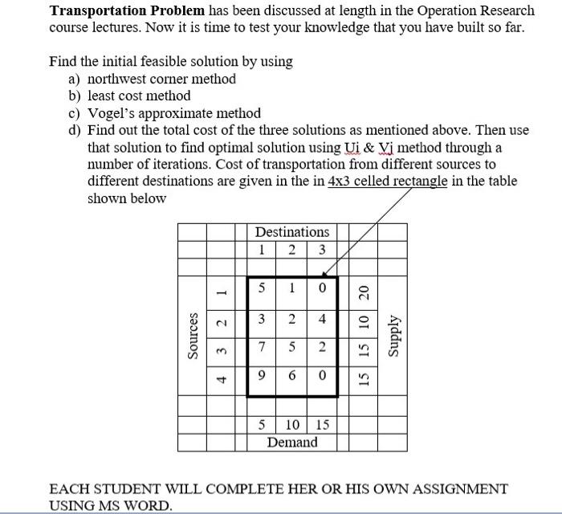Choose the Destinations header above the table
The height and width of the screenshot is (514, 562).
pyautogui.click(x=292, y=232)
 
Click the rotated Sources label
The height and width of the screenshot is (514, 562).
pyautogui.click(x=193, y=337)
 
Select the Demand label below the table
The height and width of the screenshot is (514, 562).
pyautogui.click(x=292, y=443)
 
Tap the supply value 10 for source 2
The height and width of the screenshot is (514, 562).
pyautogui.click(x=363, y=321)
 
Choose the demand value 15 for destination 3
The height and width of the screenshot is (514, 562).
pyautogui.click(x=321, y=425)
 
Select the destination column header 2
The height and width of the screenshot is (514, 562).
pyautogui.click(x=291, y=249)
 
